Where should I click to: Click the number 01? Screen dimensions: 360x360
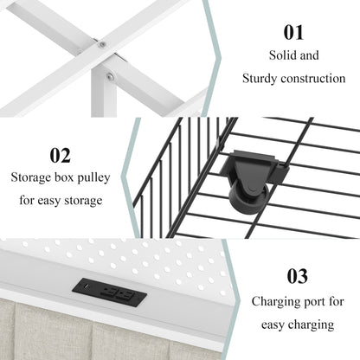point(293,32)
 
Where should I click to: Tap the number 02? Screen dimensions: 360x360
point(60,156)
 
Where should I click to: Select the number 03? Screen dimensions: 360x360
point(298,276)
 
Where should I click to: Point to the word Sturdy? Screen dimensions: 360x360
point(260,79)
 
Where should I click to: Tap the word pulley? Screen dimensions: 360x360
point(93,177)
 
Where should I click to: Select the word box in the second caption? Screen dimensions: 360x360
point(64,177)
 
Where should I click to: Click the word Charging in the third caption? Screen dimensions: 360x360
point(273,302)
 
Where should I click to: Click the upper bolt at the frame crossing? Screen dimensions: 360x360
point(102,45)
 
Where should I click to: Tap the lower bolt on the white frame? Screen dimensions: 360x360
point(110,76)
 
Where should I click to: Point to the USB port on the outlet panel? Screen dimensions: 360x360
point(87,286)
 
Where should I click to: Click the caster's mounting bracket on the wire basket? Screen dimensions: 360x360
point(254,167)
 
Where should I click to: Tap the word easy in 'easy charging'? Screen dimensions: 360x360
point(273,325)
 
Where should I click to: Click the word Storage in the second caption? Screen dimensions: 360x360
point(31,177)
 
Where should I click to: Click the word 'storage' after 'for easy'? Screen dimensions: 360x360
point(83,201)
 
